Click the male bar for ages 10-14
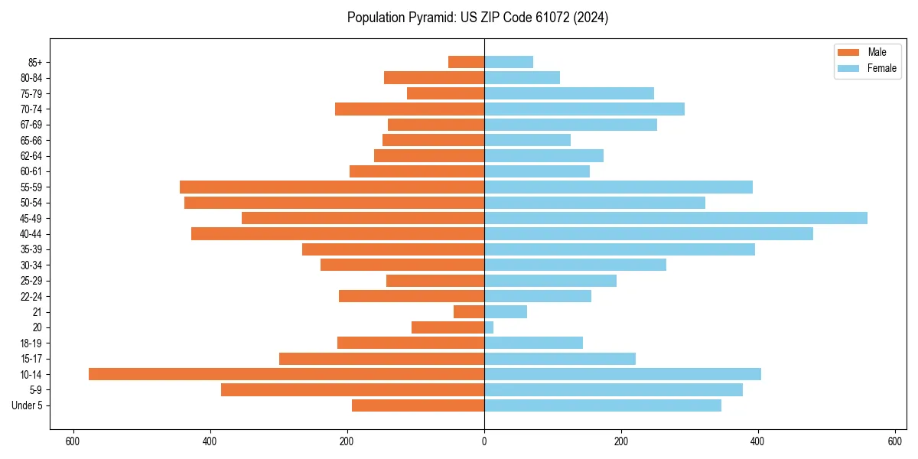point(286,374)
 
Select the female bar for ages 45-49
point(675,218)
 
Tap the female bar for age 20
point(489,327)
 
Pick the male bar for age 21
point(469,311)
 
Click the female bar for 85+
point(509,62)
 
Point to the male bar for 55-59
point(332,187)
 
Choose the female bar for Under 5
point(603,405)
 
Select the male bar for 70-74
point(409,109)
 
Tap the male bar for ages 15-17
point(382,359)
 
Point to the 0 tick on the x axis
point(484,441)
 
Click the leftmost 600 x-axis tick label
point(73,441)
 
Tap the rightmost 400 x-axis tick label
point(758,441)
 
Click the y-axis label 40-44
point(31,234)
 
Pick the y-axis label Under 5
point(28,405)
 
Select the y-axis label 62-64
point(31,156)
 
